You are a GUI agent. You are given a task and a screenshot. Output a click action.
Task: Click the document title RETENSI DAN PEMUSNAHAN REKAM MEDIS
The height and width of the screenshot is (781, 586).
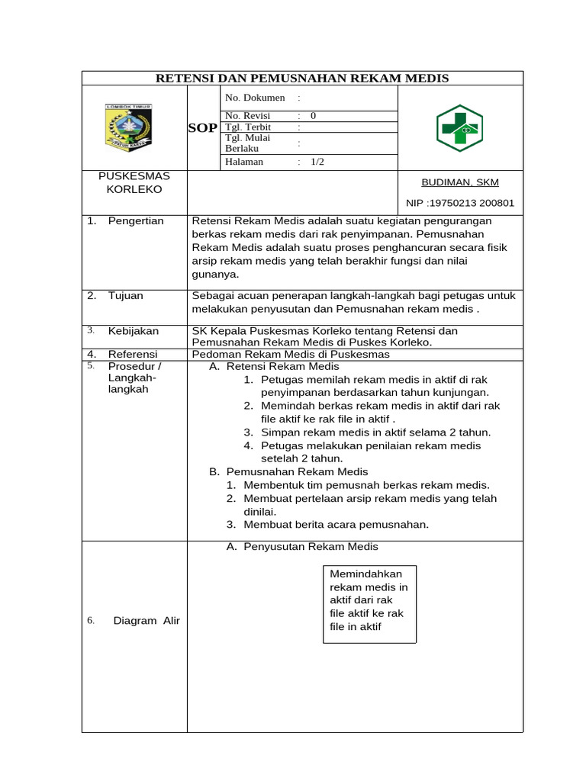(x=302, y=79)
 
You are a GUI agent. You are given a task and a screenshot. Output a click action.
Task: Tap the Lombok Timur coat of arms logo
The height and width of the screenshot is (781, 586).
(x=127, y=127)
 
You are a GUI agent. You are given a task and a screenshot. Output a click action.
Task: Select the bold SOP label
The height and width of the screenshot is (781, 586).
(x=203, y=128)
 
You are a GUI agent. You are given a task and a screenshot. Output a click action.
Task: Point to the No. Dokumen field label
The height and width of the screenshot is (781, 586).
(x=255, y=98)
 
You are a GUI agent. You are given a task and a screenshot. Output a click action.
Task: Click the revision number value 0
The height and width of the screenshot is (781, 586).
(x=313, y=116)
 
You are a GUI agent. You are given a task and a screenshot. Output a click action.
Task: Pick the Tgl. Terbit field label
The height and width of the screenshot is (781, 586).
(x=249, y=127)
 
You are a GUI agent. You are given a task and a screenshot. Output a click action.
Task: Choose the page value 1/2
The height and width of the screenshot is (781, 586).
(x=317, y=162)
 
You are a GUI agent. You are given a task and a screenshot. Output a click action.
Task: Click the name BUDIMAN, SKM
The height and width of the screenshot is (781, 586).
(x=460, y=183)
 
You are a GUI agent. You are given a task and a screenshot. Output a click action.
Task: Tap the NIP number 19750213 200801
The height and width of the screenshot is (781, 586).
(x=459, y=204)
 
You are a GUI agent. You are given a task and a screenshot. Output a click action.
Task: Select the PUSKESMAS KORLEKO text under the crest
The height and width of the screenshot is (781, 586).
(x=134, y=182)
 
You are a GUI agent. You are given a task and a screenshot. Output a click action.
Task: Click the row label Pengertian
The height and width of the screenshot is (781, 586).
(x=136, y=221)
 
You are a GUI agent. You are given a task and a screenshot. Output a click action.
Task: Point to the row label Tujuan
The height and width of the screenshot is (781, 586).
(x=125, y=296)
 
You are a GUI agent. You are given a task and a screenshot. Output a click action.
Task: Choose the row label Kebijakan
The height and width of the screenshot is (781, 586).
(x=134, y=331)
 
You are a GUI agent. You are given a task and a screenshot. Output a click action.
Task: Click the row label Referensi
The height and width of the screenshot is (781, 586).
(x=133, y=355)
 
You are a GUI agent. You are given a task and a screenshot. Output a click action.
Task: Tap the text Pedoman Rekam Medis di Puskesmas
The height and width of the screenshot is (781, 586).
(x=291, y=355)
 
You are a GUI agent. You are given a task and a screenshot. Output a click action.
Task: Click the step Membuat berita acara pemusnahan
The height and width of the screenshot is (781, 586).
(x=336, y=525)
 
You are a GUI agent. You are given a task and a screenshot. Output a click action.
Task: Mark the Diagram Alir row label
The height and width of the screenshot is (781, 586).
(x=146, y=621)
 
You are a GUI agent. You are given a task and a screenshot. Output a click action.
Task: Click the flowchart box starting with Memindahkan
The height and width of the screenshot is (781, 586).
(x=369, y=600)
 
